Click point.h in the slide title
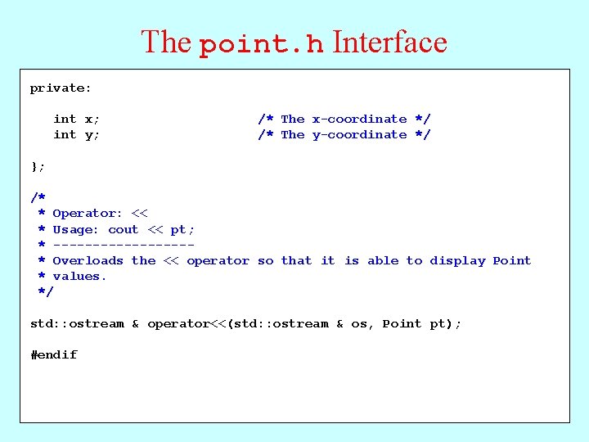pyautogui.click(x=262, y=44)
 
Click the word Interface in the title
pyautogui.click(x=390, y=43)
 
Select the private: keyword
pyautogui.click(x=61, y=88)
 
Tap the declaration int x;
pyautogui.click(x=76, y=120)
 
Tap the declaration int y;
pyautogui.click(x=76, y=135)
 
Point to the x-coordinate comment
pyautogui.click(x=344, y=120)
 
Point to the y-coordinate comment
pyautogui.click(x=344, y=135)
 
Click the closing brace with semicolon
pyautogui.click(x=38, y=166)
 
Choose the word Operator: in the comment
pyautogui.click(x=88, y=214)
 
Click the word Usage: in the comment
pyautogui.click(x=75, y=230)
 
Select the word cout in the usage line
pyautogui.click(x=123, y=230)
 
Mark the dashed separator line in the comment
pyautogui.click(x=124, y=245)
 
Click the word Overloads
pyautogui.click(x=88, y=261)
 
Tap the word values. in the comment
pyautogui.click(x=79, y=277)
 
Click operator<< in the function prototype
pyautogui.click(x=187, y=324)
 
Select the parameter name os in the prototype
pyautogui.click(x=359, y=324)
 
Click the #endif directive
pyautogui.click(x=54, y=355)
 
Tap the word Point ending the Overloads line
pyautogui.click(x=512, y=261)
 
